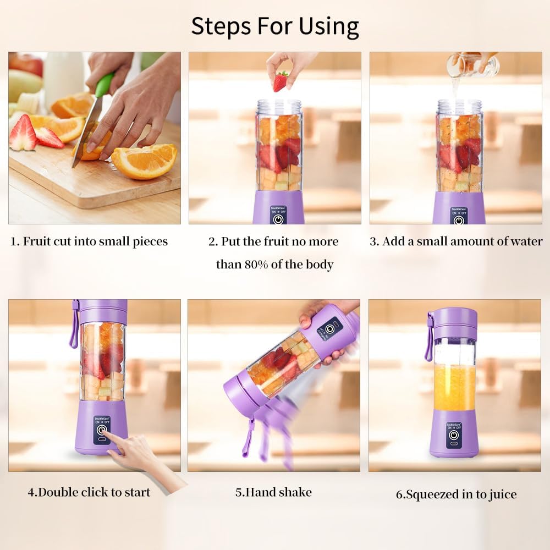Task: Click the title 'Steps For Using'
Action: click(275, 26)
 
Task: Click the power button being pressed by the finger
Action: click(101, 431)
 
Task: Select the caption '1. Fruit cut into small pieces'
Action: click(90, 241)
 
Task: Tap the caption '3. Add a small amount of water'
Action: click(456, 241)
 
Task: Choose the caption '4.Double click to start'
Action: click(89, 492)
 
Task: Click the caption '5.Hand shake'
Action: click(273, 492)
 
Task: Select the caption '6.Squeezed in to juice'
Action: click(456, 494)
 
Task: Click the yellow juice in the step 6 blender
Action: click(454, 388)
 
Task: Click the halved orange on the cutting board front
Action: click(145, 161)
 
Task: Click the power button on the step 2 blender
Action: click(278, 218)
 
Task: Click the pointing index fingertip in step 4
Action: click(106, 435)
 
